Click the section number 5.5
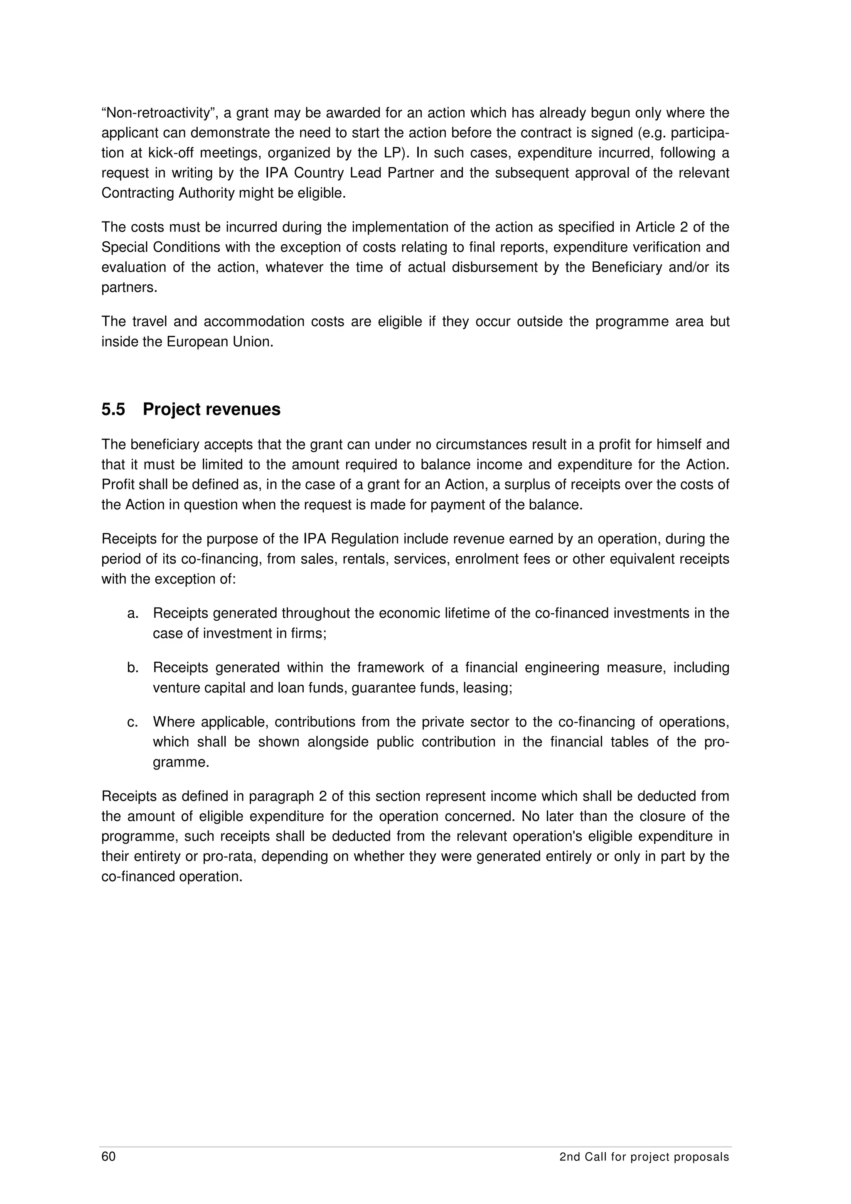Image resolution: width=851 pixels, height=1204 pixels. point(113,410)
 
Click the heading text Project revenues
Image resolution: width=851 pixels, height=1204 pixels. point(212,410)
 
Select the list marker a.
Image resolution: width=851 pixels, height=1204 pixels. point(133,614)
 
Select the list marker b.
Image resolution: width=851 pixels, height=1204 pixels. point(133,668)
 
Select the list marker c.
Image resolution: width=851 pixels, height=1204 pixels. point(133,722)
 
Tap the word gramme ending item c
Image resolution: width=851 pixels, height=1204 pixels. point(180,762)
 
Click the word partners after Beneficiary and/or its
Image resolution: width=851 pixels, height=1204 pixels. point(129,288)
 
